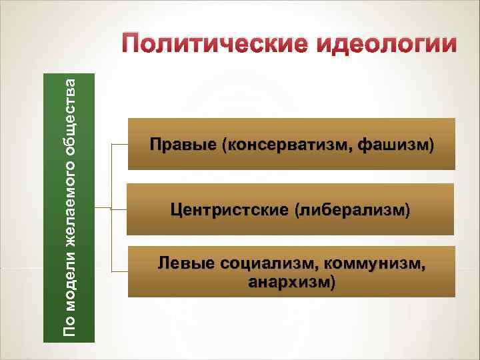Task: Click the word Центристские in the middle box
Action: pos(228,210)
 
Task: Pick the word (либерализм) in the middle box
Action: pos(351,210)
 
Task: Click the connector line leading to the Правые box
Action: pos(120,144)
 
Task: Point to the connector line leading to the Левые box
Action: pos(120,272)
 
